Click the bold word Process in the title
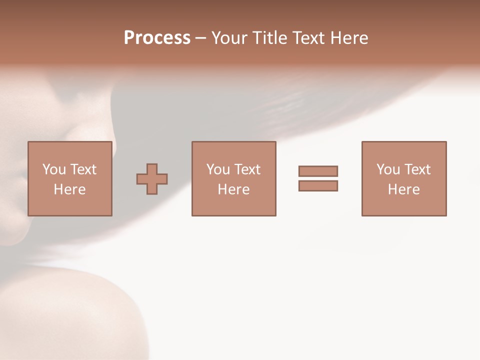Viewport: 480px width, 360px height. [x=157, y=38]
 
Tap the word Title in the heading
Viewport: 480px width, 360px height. [x=271, y=38]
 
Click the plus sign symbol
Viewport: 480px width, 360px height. [x=152, y=179]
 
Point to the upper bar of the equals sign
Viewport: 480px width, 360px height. [x=318, y=171]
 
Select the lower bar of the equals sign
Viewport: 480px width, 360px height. [x=318, y=185]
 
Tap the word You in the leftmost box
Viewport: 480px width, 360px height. [x=54, y=169]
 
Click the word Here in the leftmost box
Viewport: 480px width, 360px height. [x=69, y=189]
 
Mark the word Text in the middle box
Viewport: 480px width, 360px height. [x=247, y=169]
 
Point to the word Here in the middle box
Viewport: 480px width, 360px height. [x=233, y=189]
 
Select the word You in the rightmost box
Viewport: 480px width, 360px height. [x=388, y=169]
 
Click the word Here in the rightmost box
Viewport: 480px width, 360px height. [x=403, y=189]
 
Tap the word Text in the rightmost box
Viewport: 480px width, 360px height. [x=417, y=169]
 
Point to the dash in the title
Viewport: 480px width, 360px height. [x=200, y=38]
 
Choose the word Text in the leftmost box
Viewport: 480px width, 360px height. [x=83, y=169]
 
